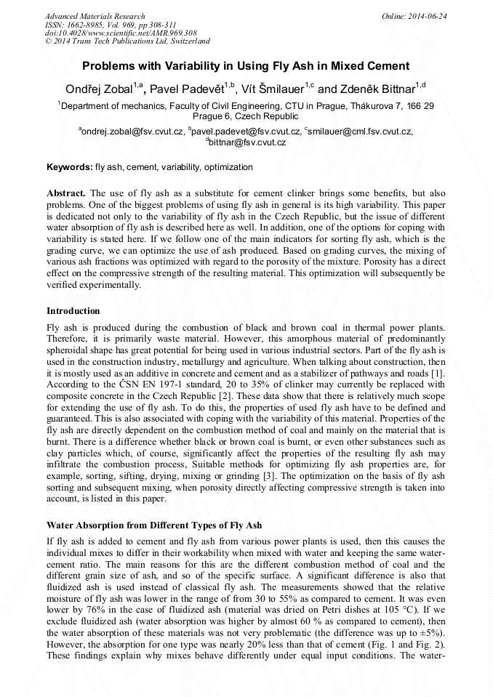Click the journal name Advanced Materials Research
tap(95, 16)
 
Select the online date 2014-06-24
tap(427, 16)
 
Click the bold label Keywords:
tap(70, 167)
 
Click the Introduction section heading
tap(73, 311)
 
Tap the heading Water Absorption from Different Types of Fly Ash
tap(154, 525)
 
